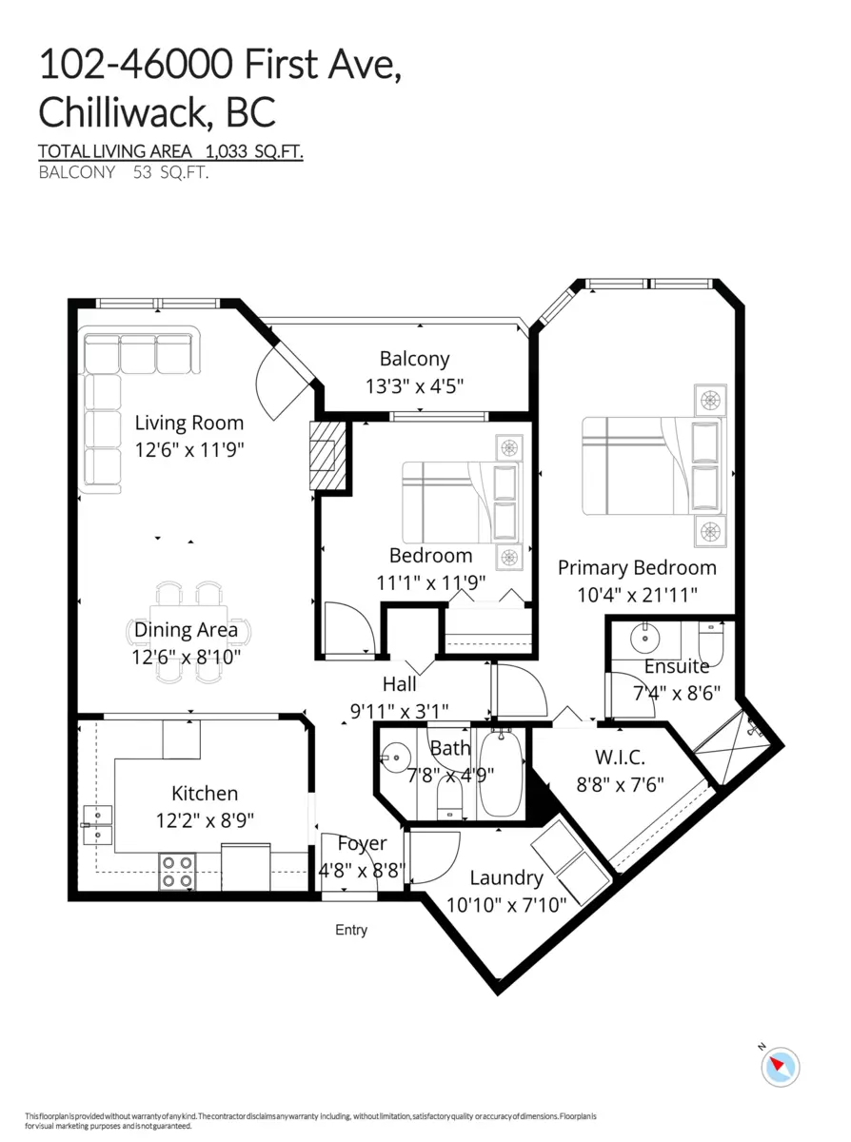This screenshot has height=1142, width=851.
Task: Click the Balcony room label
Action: click(x=414, y=360)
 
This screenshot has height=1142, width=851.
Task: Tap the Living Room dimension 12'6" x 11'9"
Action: click(x=189, y=450)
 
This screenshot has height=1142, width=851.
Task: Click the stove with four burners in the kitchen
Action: click(x=177, y=871)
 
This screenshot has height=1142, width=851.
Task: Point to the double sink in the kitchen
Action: click(x=97, y=825)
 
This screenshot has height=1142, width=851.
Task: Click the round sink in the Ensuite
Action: click(x=645, y=639)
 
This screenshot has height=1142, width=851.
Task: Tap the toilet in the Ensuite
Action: click(x=711, y=642)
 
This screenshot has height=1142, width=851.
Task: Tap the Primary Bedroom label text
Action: click(x=637, y=568)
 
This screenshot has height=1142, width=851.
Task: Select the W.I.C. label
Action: click(x=620, y=758)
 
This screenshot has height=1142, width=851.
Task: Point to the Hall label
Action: click(x=399, y=684)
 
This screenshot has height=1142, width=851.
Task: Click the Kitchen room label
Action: click(x=205, y=794)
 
